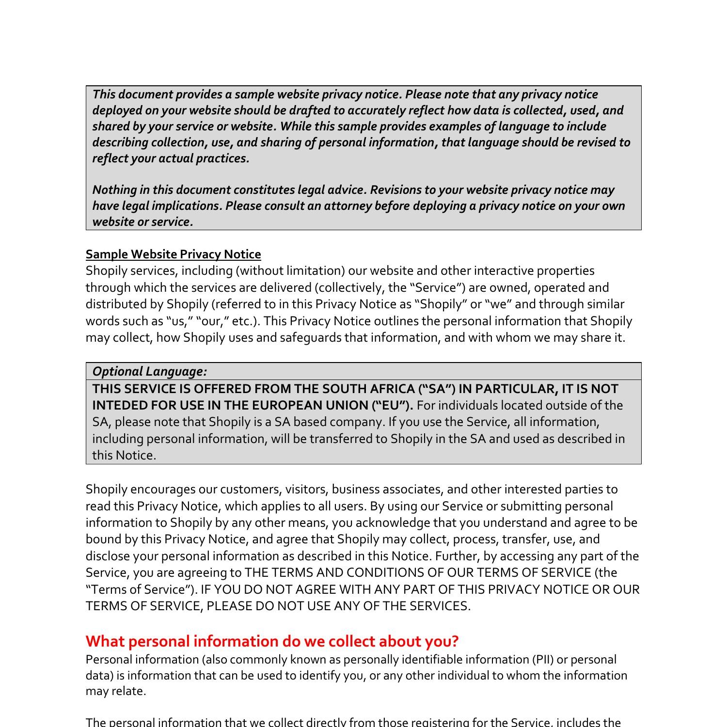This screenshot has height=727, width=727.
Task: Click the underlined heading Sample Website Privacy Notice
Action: click(173, 254)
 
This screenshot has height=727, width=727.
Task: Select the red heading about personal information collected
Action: click(272, 641)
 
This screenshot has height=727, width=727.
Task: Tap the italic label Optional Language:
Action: click(149, 371)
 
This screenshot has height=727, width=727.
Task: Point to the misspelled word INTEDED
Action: click(120, 405)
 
